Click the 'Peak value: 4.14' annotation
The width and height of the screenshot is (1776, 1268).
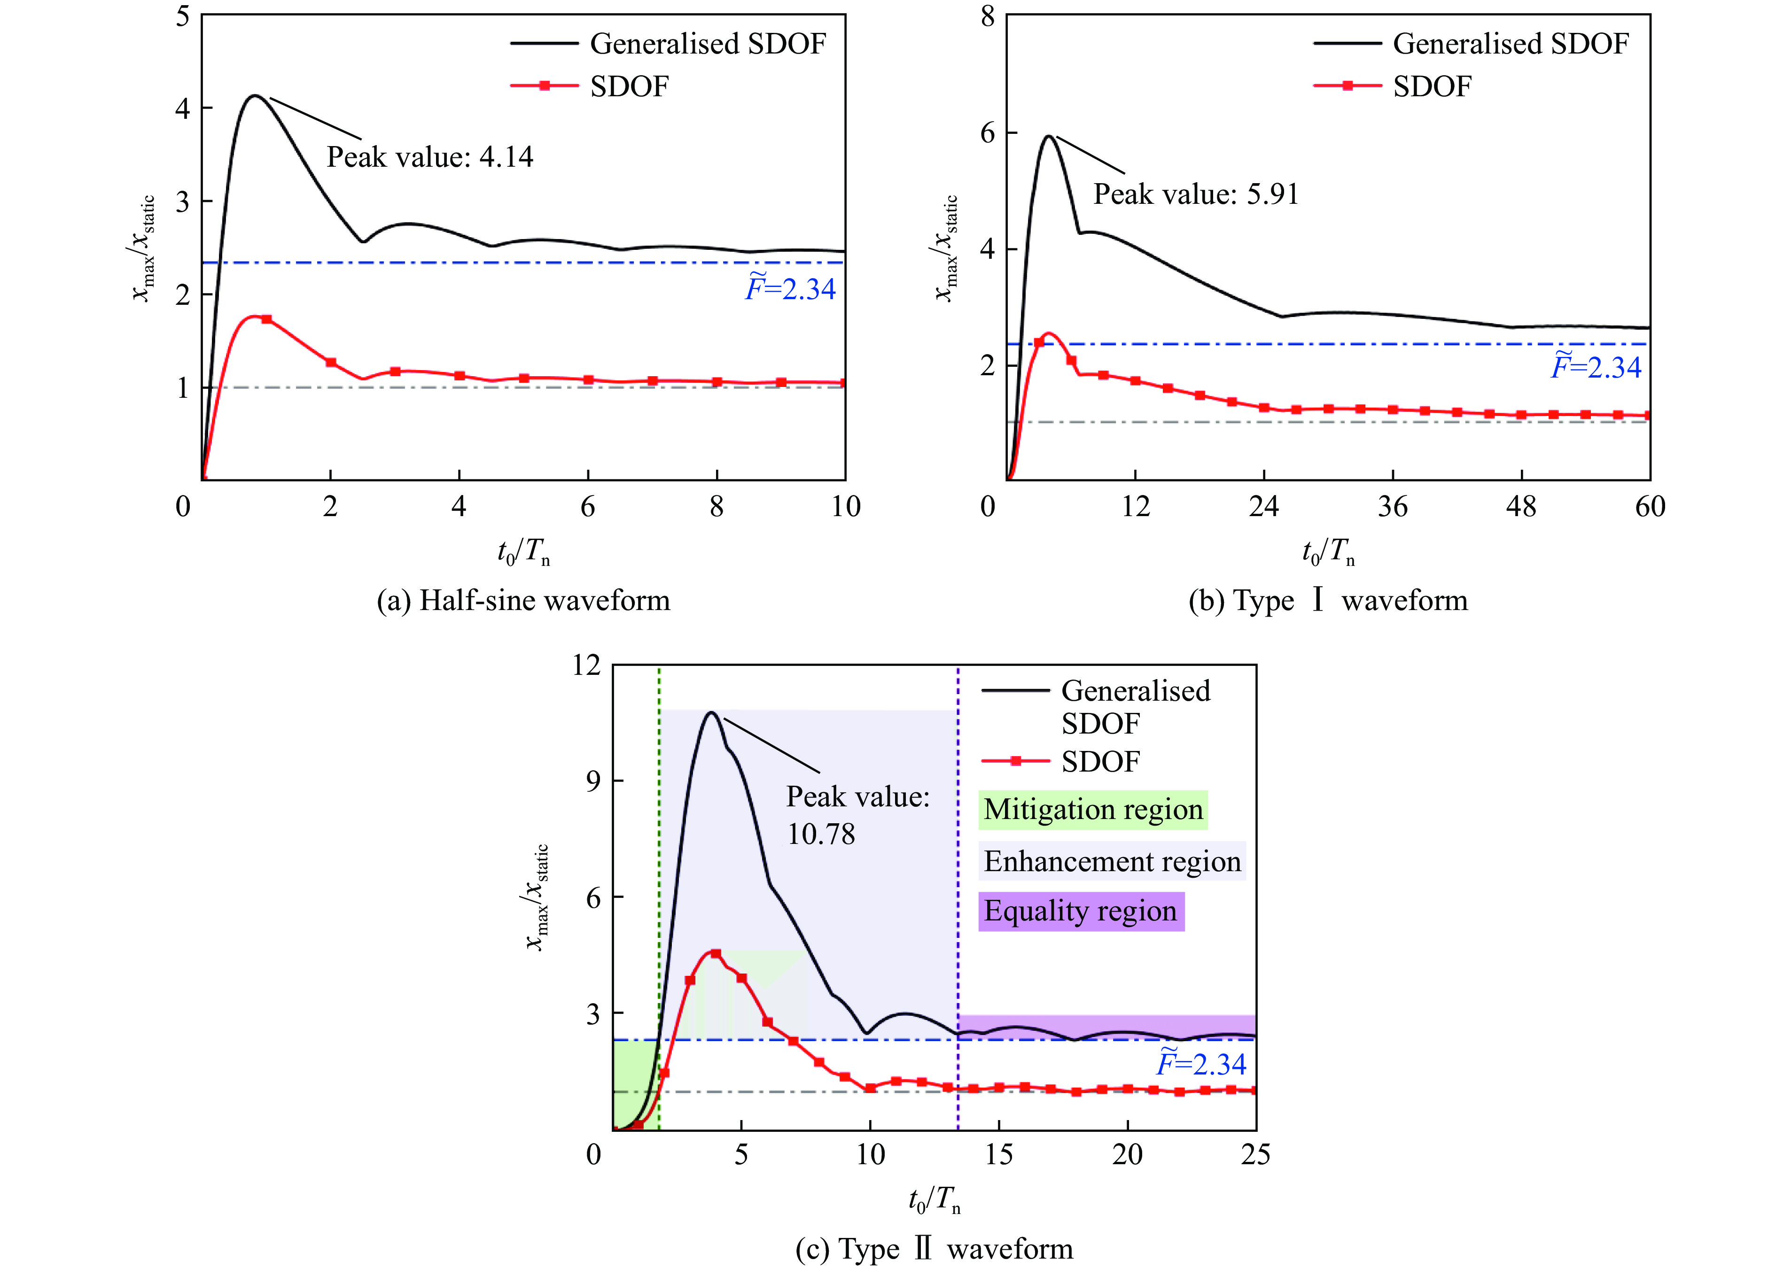(429, 157)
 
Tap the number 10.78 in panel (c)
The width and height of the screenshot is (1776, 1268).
(821, 835)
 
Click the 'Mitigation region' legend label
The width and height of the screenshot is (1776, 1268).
(1093, 810)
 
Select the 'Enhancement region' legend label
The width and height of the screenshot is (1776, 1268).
(1111, 861)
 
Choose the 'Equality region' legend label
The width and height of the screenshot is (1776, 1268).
(1080, 911)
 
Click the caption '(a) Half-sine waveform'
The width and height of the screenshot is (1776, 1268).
(523, 601)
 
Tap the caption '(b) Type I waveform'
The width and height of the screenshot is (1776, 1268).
(1328, 601)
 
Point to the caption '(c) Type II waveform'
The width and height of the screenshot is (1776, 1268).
(934, 1248)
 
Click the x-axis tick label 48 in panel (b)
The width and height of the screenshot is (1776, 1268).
(1520, 507)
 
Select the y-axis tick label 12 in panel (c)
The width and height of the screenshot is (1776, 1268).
(586, 665)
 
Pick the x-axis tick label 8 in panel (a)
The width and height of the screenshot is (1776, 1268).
(716, 507)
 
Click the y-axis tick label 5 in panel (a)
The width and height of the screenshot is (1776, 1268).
(183, 15)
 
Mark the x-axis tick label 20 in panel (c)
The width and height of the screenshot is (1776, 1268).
(1127, 1155)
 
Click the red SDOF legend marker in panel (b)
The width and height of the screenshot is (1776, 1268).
(1347, 86)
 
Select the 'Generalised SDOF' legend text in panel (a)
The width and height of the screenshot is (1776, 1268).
(708, 44)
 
